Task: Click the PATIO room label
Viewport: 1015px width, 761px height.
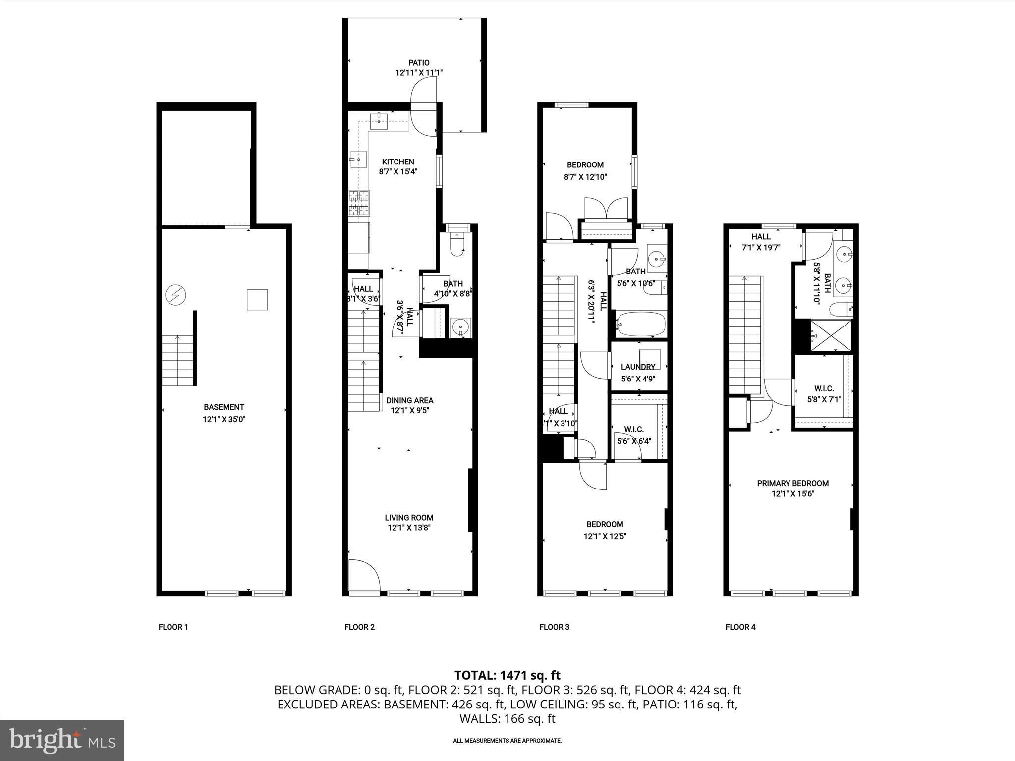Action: [419, 63]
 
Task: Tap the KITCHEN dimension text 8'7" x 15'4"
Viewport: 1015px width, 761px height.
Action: [397, 172]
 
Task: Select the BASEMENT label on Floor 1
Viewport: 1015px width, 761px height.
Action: [224, 407]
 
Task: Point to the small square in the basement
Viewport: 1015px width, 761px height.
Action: [257, 300]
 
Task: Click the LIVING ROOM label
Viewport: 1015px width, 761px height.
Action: [409, 518]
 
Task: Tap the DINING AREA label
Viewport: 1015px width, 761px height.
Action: [409, 400]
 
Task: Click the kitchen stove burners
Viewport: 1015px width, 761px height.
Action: [359, 203]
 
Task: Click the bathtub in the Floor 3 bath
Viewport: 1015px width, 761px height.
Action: [640, 324]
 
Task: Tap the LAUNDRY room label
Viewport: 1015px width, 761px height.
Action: [638, 367]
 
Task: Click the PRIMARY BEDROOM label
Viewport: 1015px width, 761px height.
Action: [792, 483]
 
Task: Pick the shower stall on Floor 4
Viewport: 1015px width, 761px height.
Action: [831, 336]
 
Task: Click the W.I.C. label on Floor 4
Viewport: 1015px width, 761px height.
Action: [824, 388]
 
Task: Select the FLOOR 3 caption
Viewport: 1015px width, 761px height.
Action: [554, 627]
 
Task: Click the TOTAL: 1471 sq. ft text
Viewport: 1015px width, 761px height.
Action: [507, 675]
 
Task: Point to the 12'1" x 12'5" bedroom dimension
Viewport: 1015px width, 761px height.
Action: [605, 536]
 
